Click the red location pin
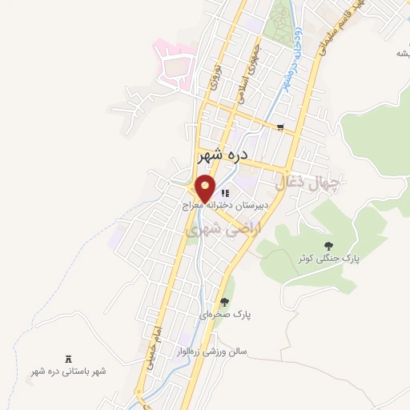(206, 190)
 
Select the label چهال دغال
(308, 183)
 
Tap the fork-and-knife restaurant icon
(227, 192)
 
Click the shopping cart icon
(279, 127)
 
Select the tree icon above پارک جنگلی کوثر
(327, 245)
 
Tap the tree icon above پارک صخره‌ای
(224, 302)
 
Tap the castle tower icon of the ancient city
(67, 358)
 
